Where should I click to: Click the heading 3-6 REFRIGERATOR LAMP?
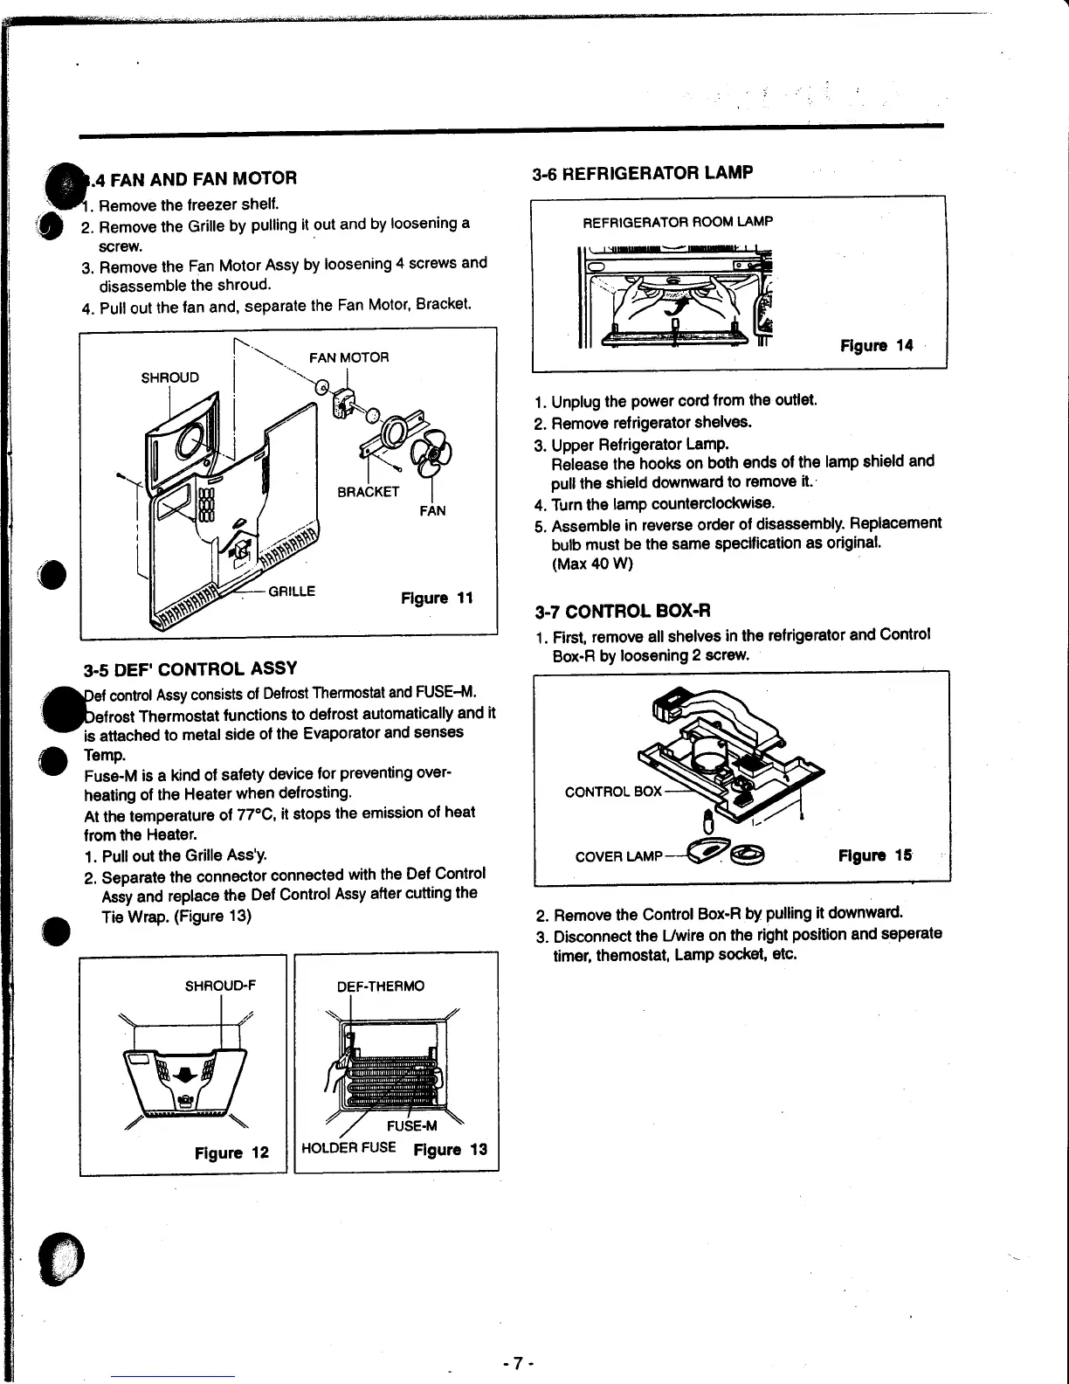pos(642,172)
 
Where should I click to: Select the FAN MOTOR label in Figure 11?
pos(349,357)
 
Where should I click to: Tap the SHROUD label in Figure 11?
pos(170,377)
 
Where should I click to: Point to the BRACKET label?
pos(368,492)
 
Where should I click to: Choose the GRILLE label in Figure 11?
pos(292,591)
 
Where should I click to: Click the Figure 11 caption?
pos(437,599)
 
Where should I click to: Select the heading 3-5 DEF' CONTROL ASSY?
pos(190,669)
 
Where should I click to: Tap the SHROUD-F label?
pos(220,986)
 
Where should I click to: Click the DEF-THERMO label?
pos(381,986)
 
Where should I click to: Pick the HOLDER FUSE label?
pos(348,1147)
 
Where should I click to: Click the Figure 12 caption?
pos(231,1152)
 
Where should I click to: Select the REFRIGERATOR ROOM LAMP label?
pos(678,222)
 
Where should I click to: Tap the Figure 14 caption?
pos(876,345)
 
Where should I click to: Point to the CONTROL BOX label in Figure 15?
pos(613,792)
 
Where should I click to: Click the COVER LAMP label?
pos(618,856)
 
